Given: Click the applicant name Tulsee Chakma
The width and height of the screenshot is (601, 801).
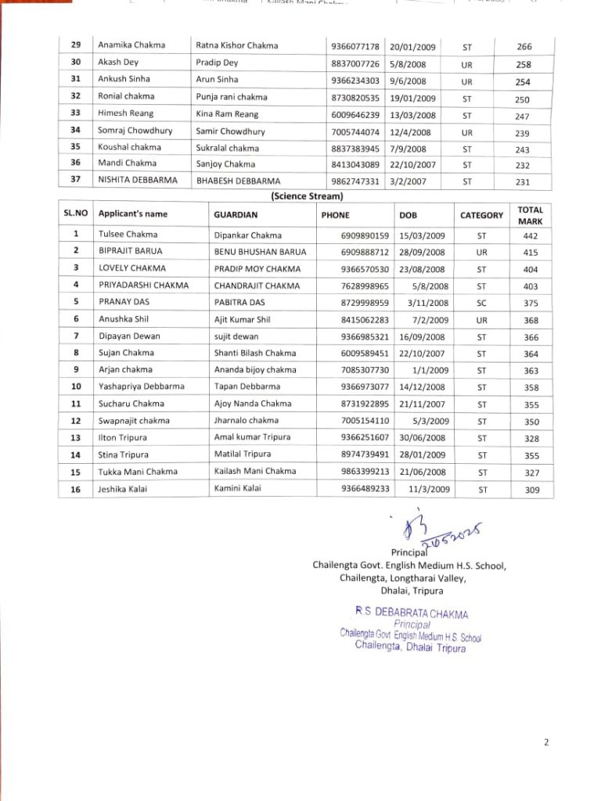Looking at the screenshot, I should [128, 234].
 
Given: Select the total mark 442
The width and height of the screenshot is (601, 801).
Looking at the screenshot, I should [531, 235].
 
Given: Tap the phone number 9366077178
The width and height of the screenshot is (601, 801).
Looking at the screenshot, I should [354, 45].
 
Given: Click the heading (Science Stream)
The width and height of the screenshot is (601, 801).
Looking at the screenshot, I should [307, 196].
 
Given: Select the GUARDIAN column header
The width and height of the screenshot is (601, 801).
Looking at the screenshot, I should [236, 214].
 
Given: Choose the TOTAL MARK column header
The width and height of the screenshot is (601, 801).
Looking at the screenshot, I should [531, 215].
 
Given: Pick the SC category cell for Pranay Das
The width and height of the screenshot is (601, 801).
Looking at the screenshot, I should [481, 302].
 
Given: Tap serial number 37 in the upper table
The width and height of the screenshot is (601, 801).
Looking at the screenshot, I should [76, 180].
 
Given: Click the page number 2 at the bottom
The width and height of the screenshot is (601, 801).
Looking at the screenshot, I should [546, 742].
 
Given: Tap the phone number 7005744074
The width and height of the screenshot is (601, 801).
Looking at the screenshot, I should [354, 131].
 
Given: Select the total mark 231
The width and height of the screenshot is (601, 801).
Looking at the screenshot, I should [523, 181].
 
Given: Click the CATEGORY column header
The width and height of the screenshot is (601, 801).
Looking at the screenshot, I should [481, 215].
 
